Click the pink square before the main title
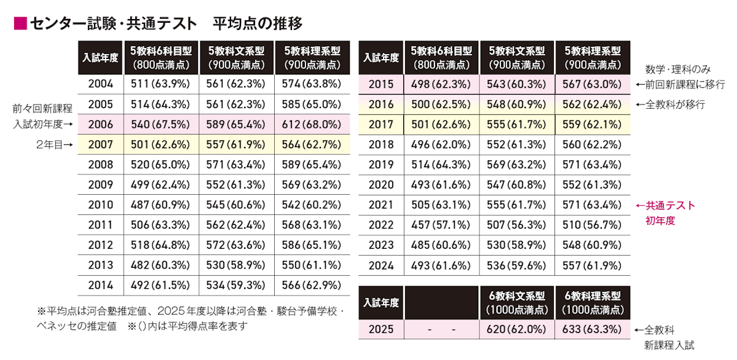coord(20,24)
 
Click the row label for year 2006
coord(100,125)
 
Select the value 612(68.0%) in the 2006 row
coord(312,125)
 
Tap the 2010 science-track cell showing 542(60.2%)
coord(312,205)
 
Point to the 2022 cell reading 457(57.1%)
coord(441,225)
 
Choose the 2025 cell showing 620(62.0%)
coord(516,329)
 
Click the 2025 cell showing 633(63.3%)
coord(592,329)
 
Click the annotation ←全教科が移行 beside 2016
coord(669,105)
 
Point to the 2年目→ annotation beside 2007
coord(53,145)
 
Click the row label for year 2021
coord(381,205)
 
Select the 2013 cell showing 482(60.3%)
coord(160,265)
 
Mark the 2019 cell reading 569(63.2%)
coord(516,165)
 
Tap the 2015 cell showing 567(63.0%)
coord(592,85)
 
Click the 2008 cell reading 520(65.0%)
coord(160,165)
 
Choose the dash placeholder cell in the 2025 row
coord(441,329)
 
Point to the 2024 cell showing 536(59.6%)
coord(516,265)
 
